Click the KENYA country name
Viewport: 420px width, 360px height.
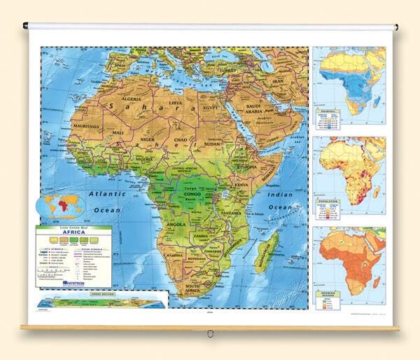(x=241, y=185)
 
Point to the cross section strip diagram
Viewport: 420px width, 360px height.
(x=103, y=303)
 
